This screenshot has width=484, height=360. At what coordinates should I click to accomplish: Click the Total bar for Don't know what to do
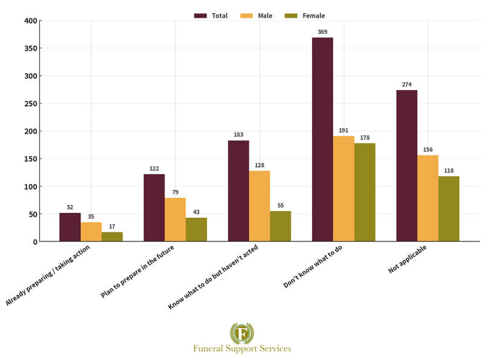click(x=322, y=140)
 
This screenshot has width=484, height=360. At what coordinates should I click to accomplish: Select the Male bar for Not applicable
click(x=428, y=198)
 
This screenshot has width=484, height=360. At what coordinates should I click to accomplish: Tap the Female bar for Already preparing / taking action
click(x=112, y=237)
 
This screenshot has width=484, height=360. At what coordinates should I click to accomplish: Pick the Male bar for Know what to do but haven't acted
click(x=260, y=206)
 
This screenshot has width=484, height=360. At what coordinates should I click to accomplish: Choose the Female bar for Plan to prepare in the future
click(x=196, y=229)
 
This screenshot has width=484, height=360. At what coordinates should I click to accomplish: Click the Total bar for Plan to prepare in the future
click(x=154, y=208)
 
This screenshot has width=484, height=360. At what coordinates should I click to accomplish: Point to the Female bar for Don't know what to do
click(x=365, y=192)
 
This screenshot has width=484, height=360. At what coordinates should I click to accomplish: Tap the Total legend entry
click(x=211, y=16)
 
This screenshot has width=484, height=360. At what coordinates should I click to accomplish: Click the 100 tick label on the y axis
click(x=31, y=187)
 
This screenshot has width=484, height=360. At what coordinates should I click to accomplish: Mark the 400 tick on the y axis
click(x=31, y=21)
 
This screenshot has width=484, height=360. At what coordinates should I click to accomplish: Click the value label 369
click(x=322, y=30)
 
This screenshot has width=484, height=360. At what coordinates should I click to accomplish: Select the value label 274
click(x=407, y=84)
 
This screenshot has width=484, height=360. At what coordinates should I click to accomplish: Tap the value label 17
click(x=112, y=226)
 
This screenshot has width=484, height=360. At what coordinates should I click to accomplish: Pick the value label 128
click(x=260, y=165)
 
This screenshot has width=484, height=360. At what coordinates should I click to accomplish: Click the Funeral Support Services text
click(x=242, y=349)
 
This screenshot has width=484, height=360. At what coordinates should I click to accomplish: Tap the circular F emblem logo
click(x=242, y=333)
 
